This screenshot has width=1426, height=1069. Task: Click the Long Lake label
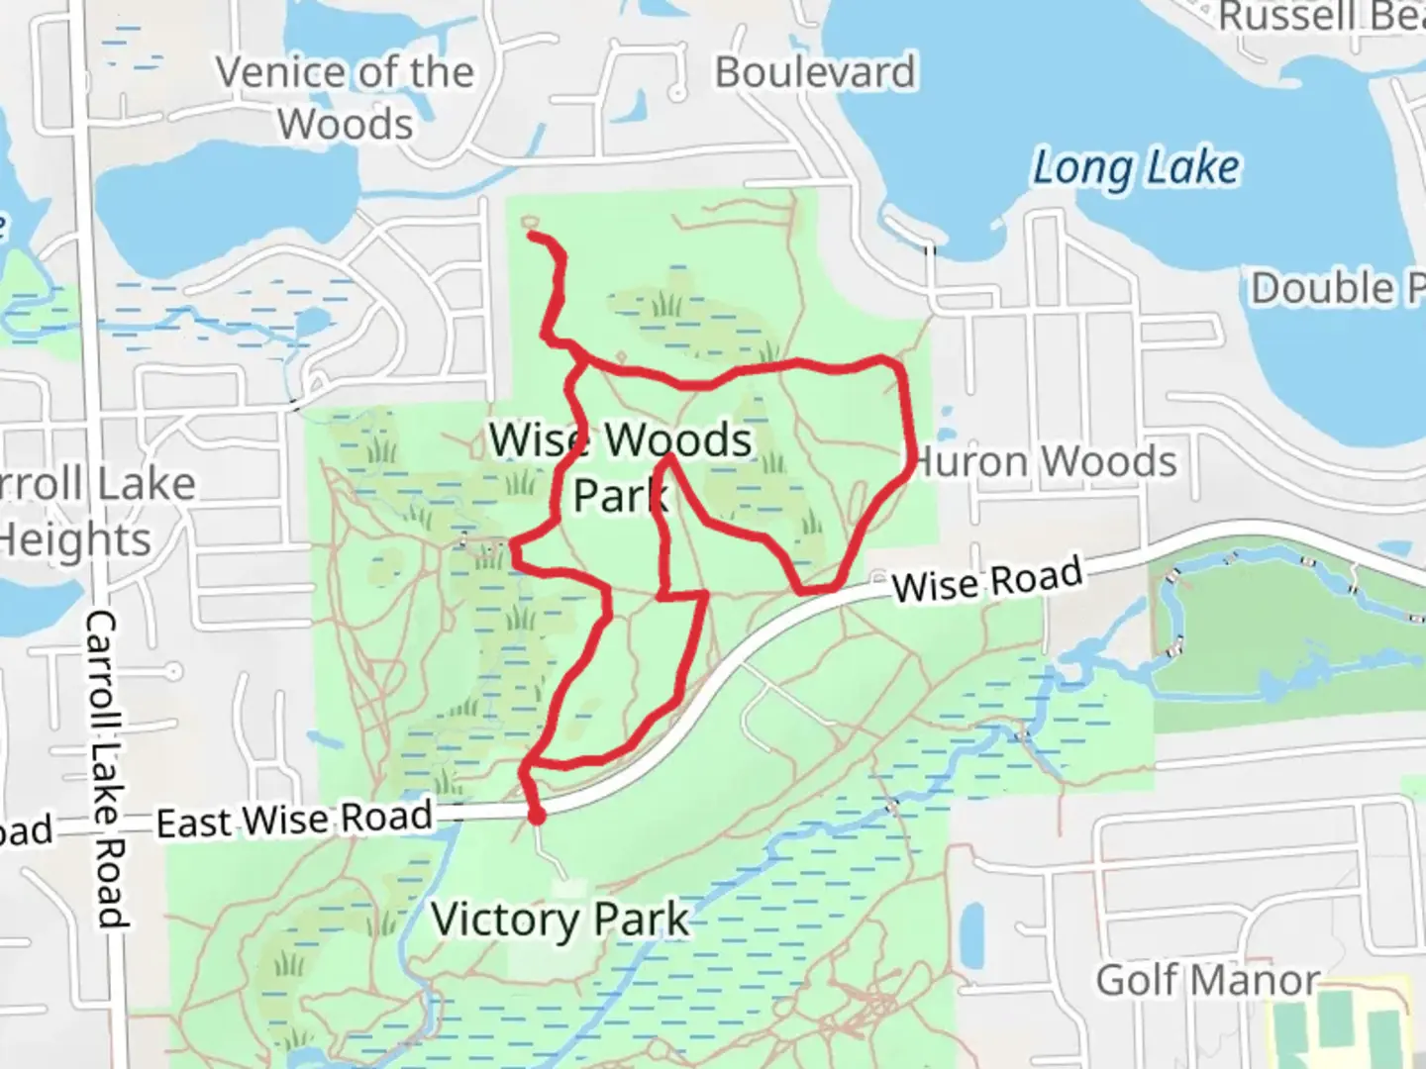tap(1136, 168)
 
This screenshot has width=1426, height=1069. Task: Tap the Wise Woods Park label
tap(621, 466)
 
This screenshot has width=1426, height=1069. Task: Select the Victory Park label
tap(560, 920)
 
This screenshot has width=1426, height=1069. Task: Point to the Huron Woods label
tap(1046, 461)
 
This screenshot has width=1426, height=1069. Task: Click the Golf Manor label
tap(1207, 980)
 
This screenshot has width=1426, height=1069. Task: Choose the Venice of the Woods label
tap(345, 98)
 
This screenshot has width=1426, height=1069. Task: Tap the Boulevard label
tap(815, 72)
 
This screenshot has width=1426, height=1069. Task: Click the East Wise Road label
tap(295, 820)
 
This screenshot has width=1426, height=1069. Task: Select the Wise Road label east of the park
tap(986, 579)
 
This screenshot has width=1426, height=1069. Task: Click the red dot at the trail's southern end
tap(536, 817)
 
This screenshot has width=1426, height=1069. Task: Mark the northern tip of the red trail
tap(532, 236)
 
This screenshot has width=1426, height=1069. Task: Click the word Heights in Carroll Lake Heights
tap(75, 539)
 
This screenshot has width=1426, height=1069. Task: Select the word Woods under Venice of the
tap(345, 125)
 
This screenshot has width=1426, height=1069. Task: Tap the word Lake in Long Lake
tap(1191, 167)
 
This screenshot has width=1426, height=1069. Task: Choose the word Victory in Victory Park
tap(505, 920)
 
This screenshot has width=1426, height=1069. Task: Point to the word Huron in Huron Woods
tap(970, 462)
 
